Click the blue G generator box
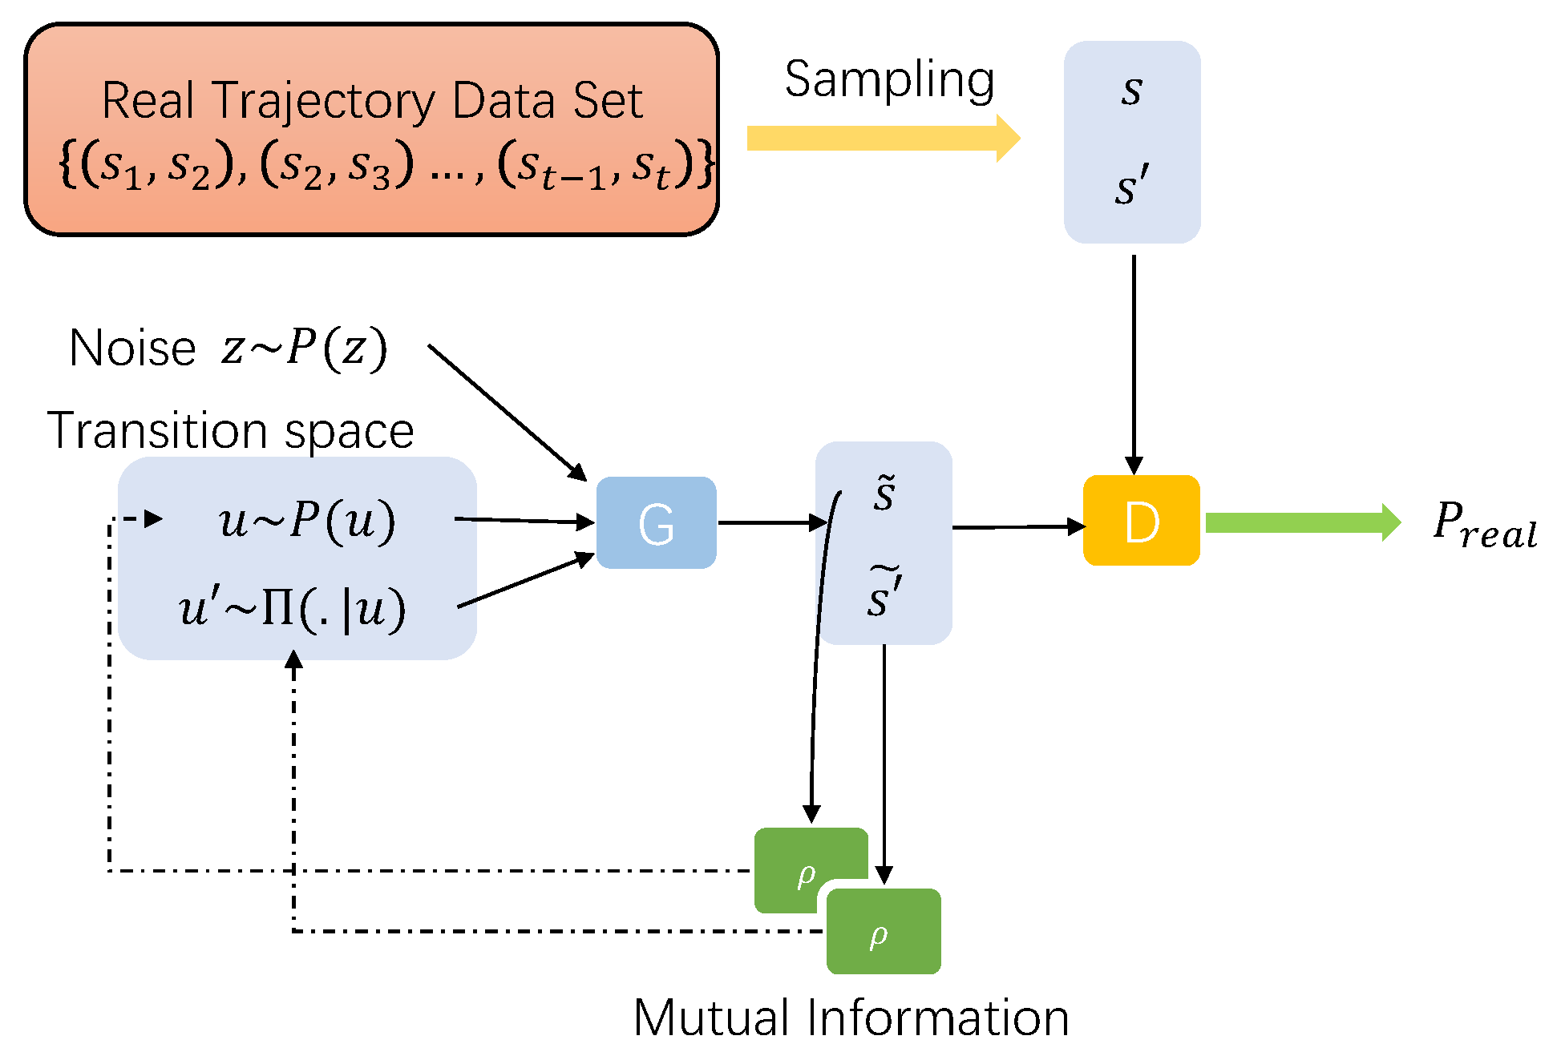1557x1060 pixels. point(656,523)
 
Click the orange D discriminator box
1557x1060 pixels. point(1141,521)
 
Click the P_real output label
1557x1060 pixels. point(1484,526)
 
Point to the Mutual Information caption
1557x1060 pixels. point(851,1018)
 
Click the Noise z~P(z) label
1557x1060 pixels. point(228,349)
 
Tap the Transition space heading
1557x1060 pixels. point(231,430)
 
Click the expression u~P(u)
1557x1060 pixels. point(307,521)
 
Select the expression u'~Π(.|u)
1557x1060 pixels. point(293,609)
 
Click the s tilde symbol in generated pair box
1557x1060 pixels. point(884,494)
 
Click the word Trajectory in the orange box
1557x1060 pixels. point(325,101)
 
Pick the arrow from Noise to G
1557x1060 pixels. point(507,412)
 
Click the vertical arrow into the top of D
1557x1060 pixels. point(1134,365)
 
